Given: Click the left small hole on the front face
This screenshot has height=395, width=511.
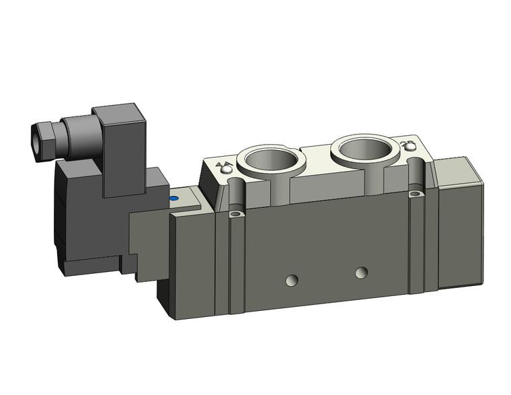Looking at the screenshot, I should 291,280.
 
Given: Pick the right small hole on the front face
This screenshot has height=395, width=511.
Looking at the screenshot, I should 362,272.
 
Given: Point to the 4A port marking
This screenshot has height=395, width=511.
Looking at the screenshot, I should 224,164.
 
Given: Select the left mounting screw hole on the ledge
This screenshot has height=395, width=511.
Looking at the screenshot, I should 234,214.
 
